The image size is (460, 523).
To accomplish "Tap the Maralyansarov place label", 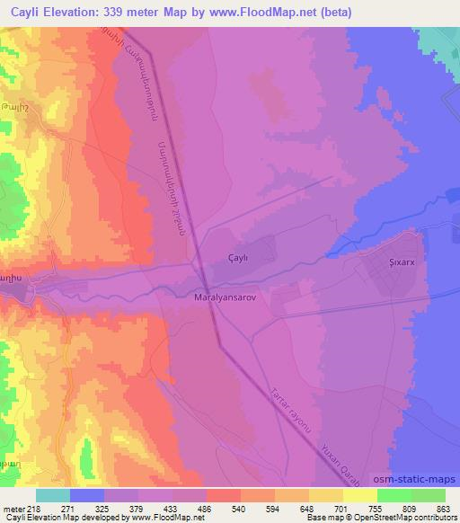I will [226, 294].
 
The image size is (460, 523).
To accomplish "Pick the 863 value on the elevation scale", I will [445, 508].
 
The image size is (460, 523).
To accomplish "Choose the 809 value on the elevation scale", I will [411, 508].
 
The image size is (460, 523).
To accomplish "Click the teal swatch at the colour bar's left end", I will [53, 495].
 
